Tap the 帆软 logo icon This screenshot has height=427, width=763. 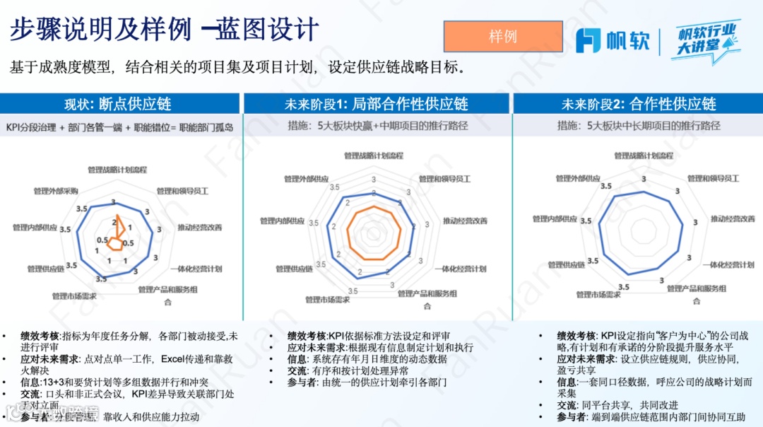click(x=588, y=41)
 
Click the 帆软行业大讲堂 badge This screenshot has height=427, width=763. click(x=706, y=40)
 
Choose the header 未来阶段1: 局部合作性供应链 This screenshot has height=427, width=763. click(x=376, y=104)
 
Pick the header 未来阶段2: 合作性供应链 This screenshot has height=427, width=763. click(x=639, y=104)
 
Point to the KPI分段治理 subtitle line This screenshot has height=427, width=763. click(x=119, y=127)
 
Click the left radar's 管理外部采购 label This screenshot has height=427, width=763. click(x=56, y=191)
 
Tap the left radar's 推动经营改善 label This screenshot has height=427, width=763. click(x=199, y=227)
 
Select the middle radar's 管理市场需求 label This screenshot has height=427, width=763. click(x=329, y=300)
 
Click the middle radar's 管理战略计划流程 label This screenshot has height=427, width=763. click(x=374, y=155)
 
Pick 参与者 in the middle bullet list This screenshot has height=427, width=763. click(x=303, y=382)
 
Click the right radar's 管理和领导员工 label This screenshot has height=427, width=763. click(x=713, y=178)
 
